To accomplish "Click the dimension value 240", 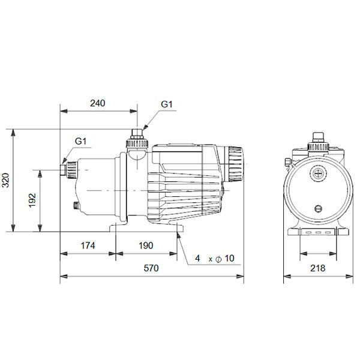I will point(97,103).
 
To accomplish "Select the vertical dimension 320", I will point(6,179).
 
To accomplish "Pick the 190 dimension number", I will point(146,245).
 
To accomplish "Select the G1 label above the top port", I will point(167,104).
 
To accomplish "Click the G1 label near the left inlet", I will point(81,142).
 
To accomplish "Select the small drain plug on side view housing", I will point(76,207).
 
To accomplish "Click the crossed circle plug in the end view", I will point(316,172).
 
